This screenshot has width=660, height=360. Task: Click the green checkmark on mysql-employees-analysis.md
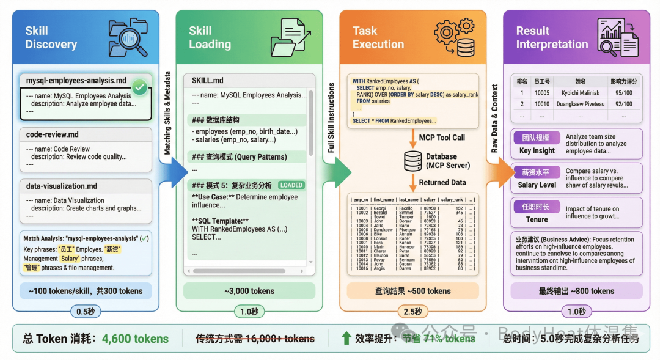pyautogui.click(x=140, y=88)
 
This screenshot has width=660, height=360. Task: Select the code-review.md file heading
pyautogui.click(x=53, y=134)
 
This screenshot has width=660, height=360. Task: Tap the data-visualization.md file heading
pyautogui.click(x=62, y=186)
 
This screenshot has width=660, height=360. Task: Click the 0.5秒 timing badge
pyautogui.click(x=85, y=312)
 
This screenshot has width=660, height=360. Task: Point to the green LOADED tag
pyautogui.click(x=291, y=185)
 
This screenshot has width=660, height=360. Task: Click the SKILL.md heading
pyautogui.click(x=207, y=81)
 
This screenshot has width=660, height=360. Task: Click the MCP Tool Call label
pyautogui.click(x=442, y=138)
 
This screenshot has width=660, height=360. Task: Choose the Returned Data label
pyautogui.click(x=442, y=182)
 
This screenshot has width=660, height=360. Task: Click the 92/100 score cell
pyautogui.click(x=623, y=104)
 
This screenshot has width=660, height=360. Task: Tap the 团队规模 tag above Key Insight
pyautogui.click(x=535, y=138)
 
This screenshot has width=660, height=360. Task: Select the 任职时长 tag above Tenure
pyautogui.click(x=536, y=207)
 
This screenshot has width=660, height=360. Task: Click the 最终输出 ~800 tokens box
pyautogui.click(x=576, y=291)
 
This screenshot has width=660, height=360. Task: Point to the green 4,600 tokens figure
pyautogui.click(x=135, y=339)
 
